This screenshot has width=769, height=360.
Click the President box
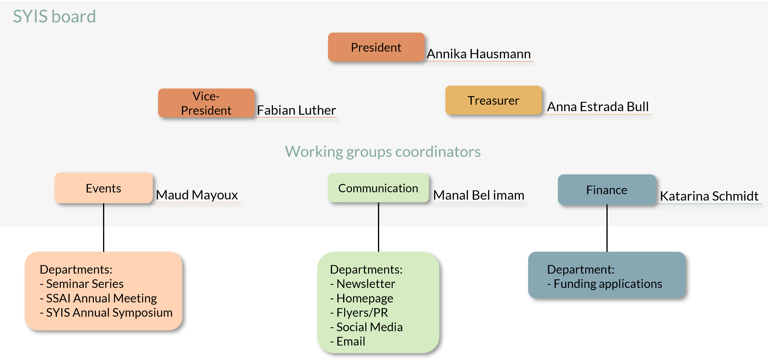click(376, 47)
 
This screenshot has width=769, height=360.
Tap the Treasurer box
click(493, 100)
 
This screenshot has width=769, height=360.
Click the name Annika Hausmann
click(479, 54)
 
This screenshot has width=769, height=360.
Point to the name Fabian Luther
click(296, 110)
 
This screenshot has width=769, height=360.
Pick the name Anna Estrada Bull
click(598, 107)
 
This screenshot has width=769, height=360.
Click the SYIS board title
click(54, 16)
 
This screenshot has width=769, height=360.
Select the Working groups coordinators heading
click(382, 151)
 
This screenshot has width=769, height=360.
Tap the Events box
click(103, 188)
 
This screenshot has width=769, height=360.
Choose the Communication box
click(378, 188)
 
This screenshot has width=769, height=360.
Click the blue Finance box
click(607, 190)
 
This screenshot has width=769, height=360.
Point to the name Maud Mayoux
click(197, 195)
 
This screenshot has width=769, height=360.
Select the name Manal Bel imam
click(479, 195)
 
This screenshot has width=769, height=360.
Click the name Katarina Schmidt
click(709, 196)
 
